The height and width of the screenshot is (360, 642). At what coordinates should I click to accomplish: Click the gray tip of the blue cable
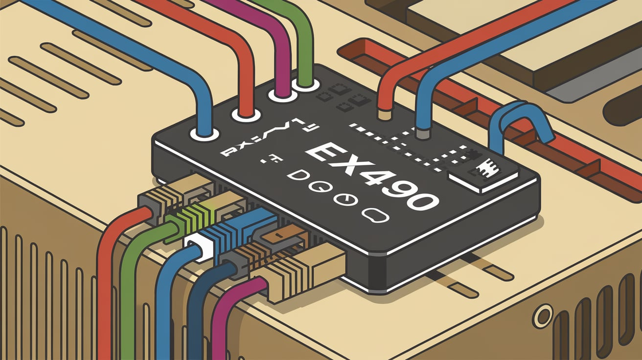422,132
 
